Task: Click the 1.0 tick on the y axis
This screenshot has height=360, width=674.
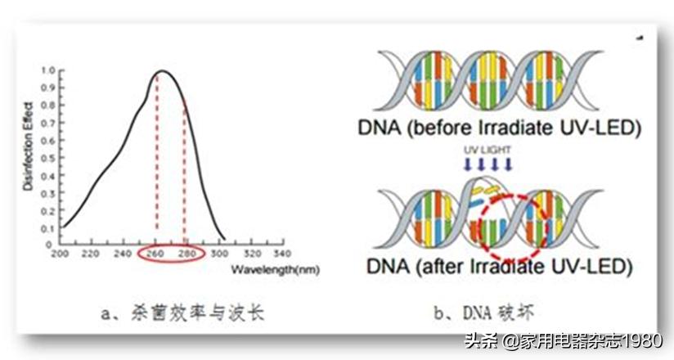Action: [x=49, y=70]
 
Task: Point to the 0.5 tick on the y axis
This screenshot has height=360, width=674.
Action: [x=49, y=157]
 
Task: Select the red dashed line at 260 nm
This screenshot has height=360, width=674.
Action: [x=156, y=164]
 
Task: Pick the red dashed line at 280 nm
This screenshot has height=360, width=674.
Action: [x=184, y=172]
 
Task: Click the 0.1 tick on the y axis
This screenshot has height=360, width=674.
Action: [x=49, y=227]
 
